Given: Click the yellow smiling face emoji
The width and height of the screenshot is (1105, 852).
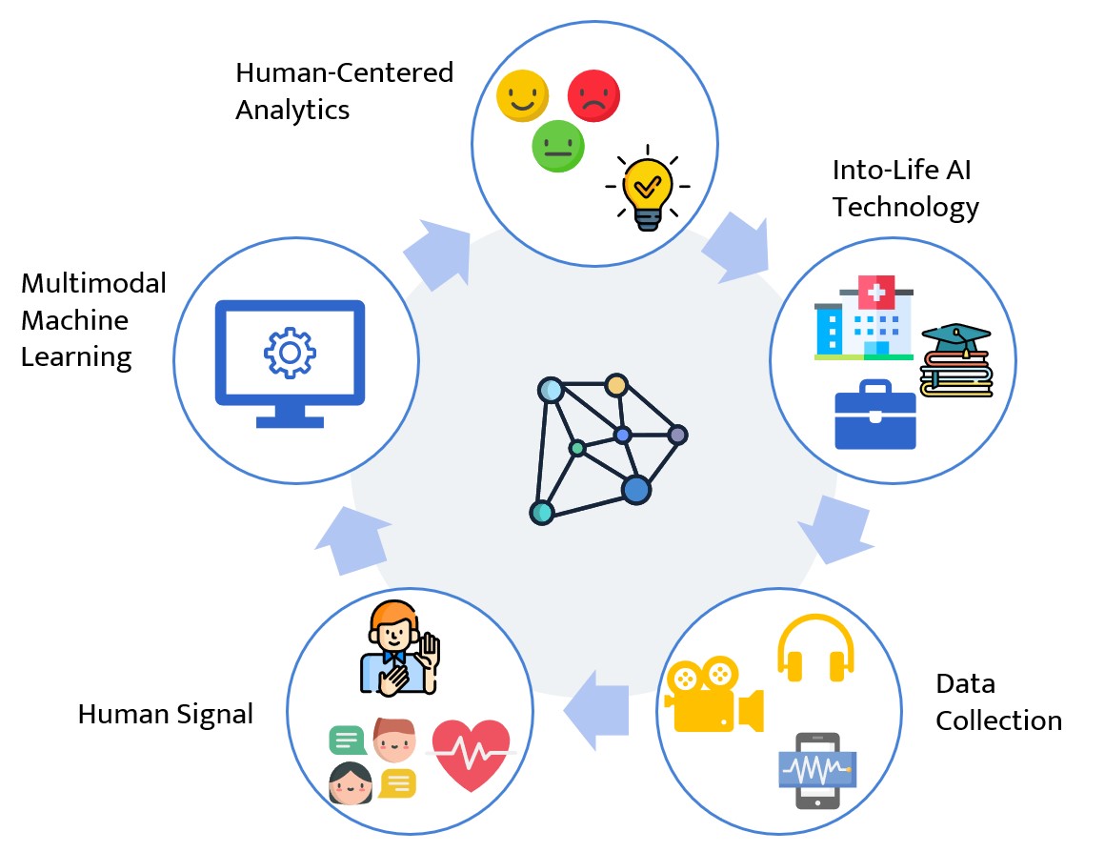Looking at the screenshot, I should pos(523,96).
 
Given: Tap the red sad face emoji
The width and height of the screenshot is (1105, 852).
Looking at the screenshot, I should pos(593,96).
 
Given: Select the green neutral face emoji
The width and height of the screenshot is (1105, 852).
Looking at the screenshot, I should pos(558,147).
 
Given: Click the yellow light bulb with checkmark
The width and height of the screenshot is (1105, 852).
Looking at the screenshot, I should pos(648,187).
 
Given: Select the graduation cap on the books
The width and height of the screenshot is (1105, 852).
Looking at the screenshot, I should pos(955,338).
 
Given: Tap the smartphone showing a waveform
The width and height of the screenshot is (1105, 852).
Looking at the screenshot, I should pos(817,769).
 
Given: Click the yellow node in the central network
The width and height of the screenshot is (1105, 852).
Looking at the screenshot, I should pos(616,385).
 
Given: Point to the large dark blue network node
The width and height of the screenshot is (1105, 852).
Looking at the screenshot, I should pos(635,490).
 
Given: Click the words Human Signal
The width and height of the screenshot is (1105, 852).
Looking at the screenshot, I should pos(166,714).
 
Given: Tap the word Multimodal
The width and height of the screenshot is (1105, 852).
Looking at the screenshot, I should pos(93,283).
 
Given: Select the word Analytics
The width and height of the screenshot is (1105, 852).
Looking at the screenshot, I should pos(292,110).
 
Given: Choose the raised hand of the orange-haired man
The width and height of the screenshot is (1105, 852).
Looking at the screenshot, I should pos(430,657).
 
